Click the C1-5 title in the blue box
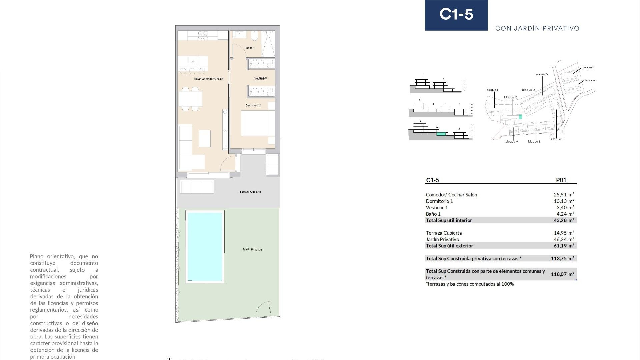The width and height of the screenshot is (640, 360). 456,14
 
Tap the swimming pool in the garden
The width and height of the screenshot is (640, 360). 205,247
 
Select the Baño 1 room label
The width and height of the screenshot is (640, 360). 250,48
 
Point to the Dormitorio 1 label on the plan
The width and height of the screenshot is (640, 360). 253,105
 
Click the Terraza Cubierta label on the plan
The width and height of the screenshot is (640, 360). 250,192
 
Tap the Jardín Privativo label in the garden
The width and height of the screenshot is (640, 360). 252,250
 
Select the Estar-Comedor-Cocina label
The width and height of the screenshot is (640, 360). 209,79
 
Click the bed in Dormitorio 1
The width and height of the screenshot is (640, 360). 257,123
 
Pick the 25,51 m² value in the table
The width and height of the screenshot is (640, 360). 564,195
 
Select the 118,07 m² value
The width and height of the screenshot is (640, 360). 562,274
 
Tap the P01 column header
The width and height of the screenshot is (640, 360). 561,180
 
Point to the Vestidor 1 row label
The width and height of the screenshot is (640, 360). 437,208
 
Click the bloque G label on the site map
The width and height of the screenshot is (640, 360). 541,75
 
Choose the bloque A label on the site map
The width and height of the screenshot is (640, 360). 511,142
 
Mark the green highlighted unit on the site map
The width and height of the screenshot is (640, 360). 520,117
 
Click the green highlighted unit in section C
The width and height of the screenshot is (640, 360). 441,134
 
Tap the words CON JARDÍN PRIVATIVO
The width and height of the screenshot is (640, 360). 537,29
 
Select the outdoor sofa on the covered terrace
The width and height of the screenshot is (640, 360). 196,187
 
